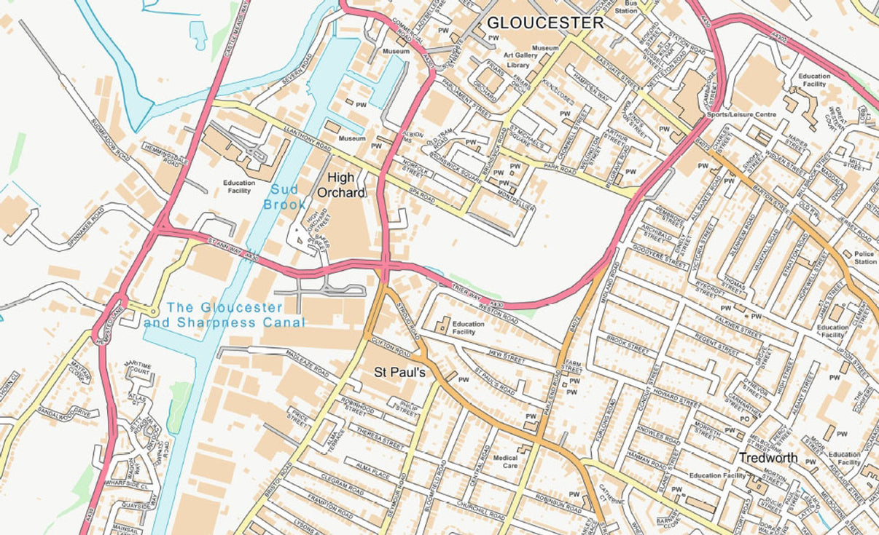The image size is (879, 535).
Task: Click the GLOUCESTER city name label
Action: coord(545,23)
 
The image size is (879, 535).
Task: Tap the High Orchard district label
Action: coord(340,185)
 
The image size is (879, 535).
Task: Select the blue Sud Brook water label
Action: coord(284,197)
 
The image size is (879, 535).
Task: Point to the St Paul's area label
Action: coord(400,371)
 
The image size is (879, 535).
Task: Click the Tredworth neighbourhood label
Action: coord(768,458)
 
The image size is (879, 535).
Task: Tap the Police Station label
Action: coord(865,257)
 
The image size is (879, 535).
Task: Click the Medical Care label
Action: coord(505,461)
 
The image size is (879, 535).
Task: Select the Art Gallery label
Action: coord(520,55)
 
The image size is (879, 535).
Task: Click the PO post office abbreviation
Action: coord(744,419)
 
